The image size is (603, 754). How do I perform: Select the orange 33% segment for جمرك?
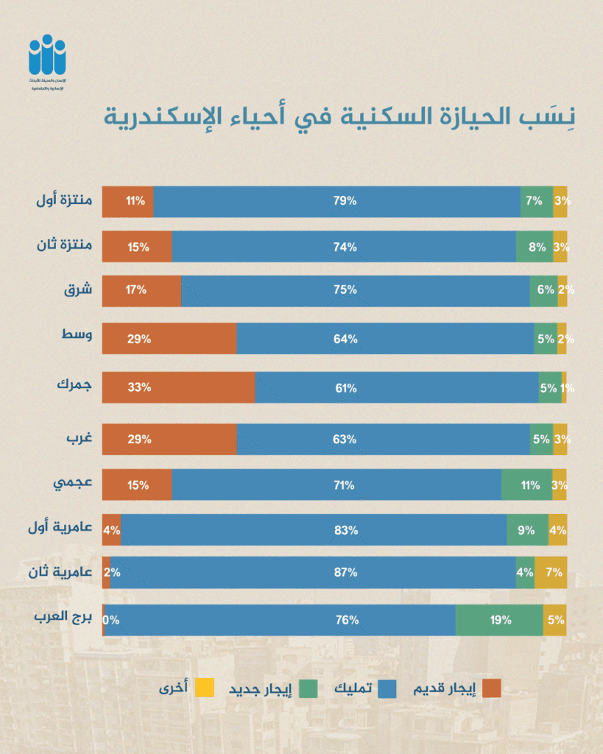[178, 387]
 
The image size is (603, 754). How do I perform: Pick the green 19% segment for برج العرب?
[499, 620]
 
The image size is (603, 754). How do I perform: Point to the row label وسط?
[78, 336]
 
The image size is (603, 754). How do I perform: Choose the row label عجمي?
[73, 484]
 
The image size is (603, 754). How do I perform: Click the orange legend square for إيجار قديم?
[493, 689]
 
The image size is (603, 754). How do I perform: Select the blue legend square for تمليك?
[387, 689]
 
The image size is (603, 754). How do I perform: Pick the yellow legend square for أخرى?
[206, 689]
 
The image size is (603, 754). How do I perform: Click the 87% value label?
[346, 573]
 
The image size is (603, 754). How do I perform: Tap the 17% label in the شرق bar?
[137, 290]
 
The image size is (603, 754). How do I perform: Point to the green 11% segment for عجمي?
[526, 485]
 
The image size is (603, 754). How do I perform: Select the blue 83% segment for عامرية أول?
[314, 530]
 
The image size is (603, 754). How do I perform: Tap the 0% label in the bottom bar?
[111, 620]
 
